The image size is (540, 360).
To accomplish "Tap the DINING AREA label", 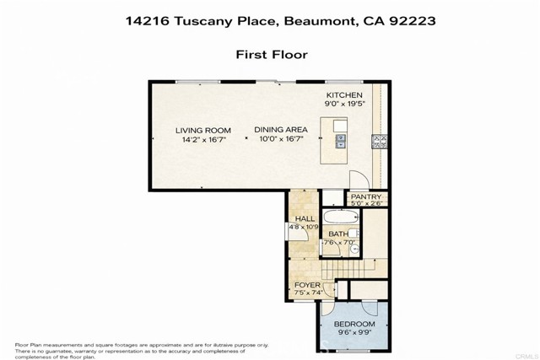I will (281, 130).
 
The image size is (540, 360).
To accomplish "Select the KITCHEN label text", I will (344, 95).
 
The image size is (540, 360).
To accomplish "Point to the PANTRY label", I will (366, 196).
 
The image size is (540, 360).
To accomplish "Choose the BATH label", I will (337, 234).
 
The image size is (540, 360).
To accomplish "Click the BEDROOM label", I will (354, 324).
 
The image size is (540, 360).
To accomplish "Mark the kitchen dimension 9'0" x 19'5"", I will (344, 105).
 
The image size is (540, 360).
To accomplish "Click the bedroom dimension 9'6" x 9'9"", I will (354, 334).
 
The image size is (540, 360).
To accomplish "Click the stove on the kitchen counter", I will (378, 142).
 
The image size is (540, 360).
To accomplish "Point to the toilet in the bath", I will (355, 249).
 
